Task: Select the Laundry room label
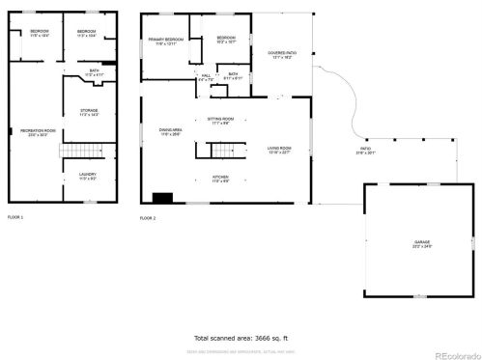click(88, 177)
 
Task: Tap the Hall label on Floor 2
click(206, 77)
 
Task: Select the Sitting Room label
click(220, 121)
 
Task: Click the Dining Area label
click(171, 132)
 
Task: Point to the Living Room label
click(280, 150)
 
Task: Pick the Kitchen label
click(220, 179)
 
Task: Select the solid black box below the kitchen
click(162, 199)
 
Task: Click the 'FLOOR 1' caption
click(16, 217)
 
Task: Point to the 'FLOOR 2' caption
click(148, 219)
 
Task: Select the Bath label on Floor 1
click(95, 71)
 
